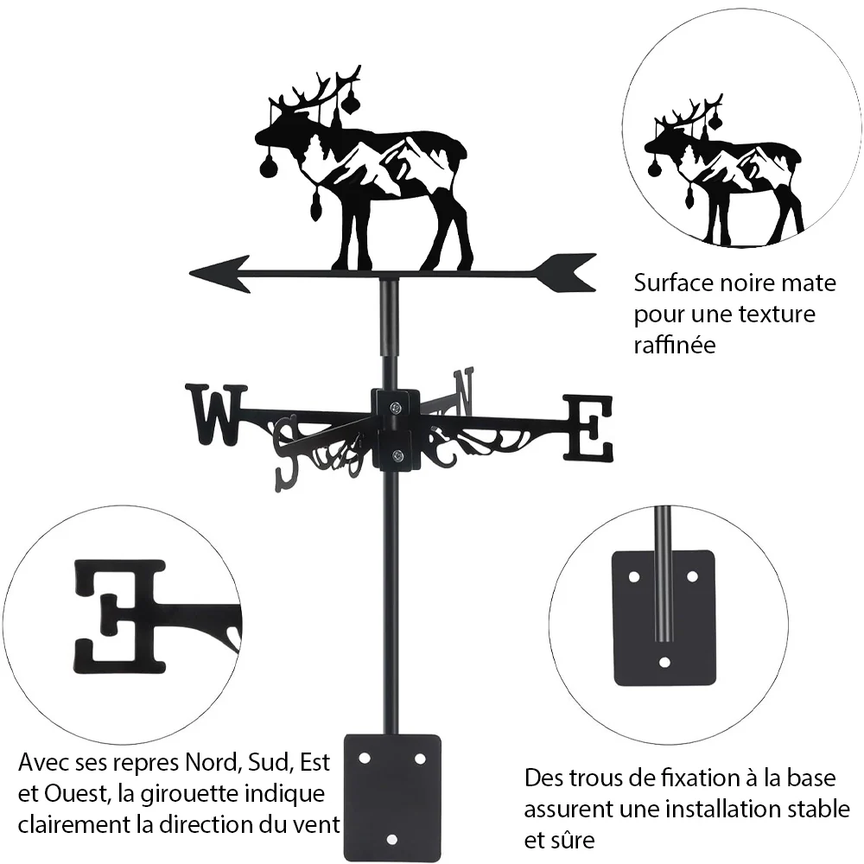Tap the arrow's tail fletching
pyautogui.click(x=565, y=273)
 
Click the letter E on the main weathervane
pyautogui.click(x=588, y=428)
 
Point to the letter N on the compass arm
pyautogui.click(x=463, y=392)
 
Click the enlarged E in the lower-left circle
pyautogui.click(x=120, y=616)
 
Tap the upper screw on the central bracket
pyautogui.click(x=397, y=408)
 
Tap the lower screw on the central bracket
pyautogui.click(x=397, y=455)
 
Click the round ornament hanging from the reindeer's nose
pyautogui.click(x=269, y=166)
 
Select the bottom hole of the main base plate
pyautogui.click(x=391, y=840)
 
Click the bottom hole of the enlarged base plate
pyautogui.click(x=664, y=662)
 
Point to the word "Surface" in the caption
pyautogui.click(x=673, y=283)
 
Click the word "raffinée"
pyautogui.click(x=675, y=345)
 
